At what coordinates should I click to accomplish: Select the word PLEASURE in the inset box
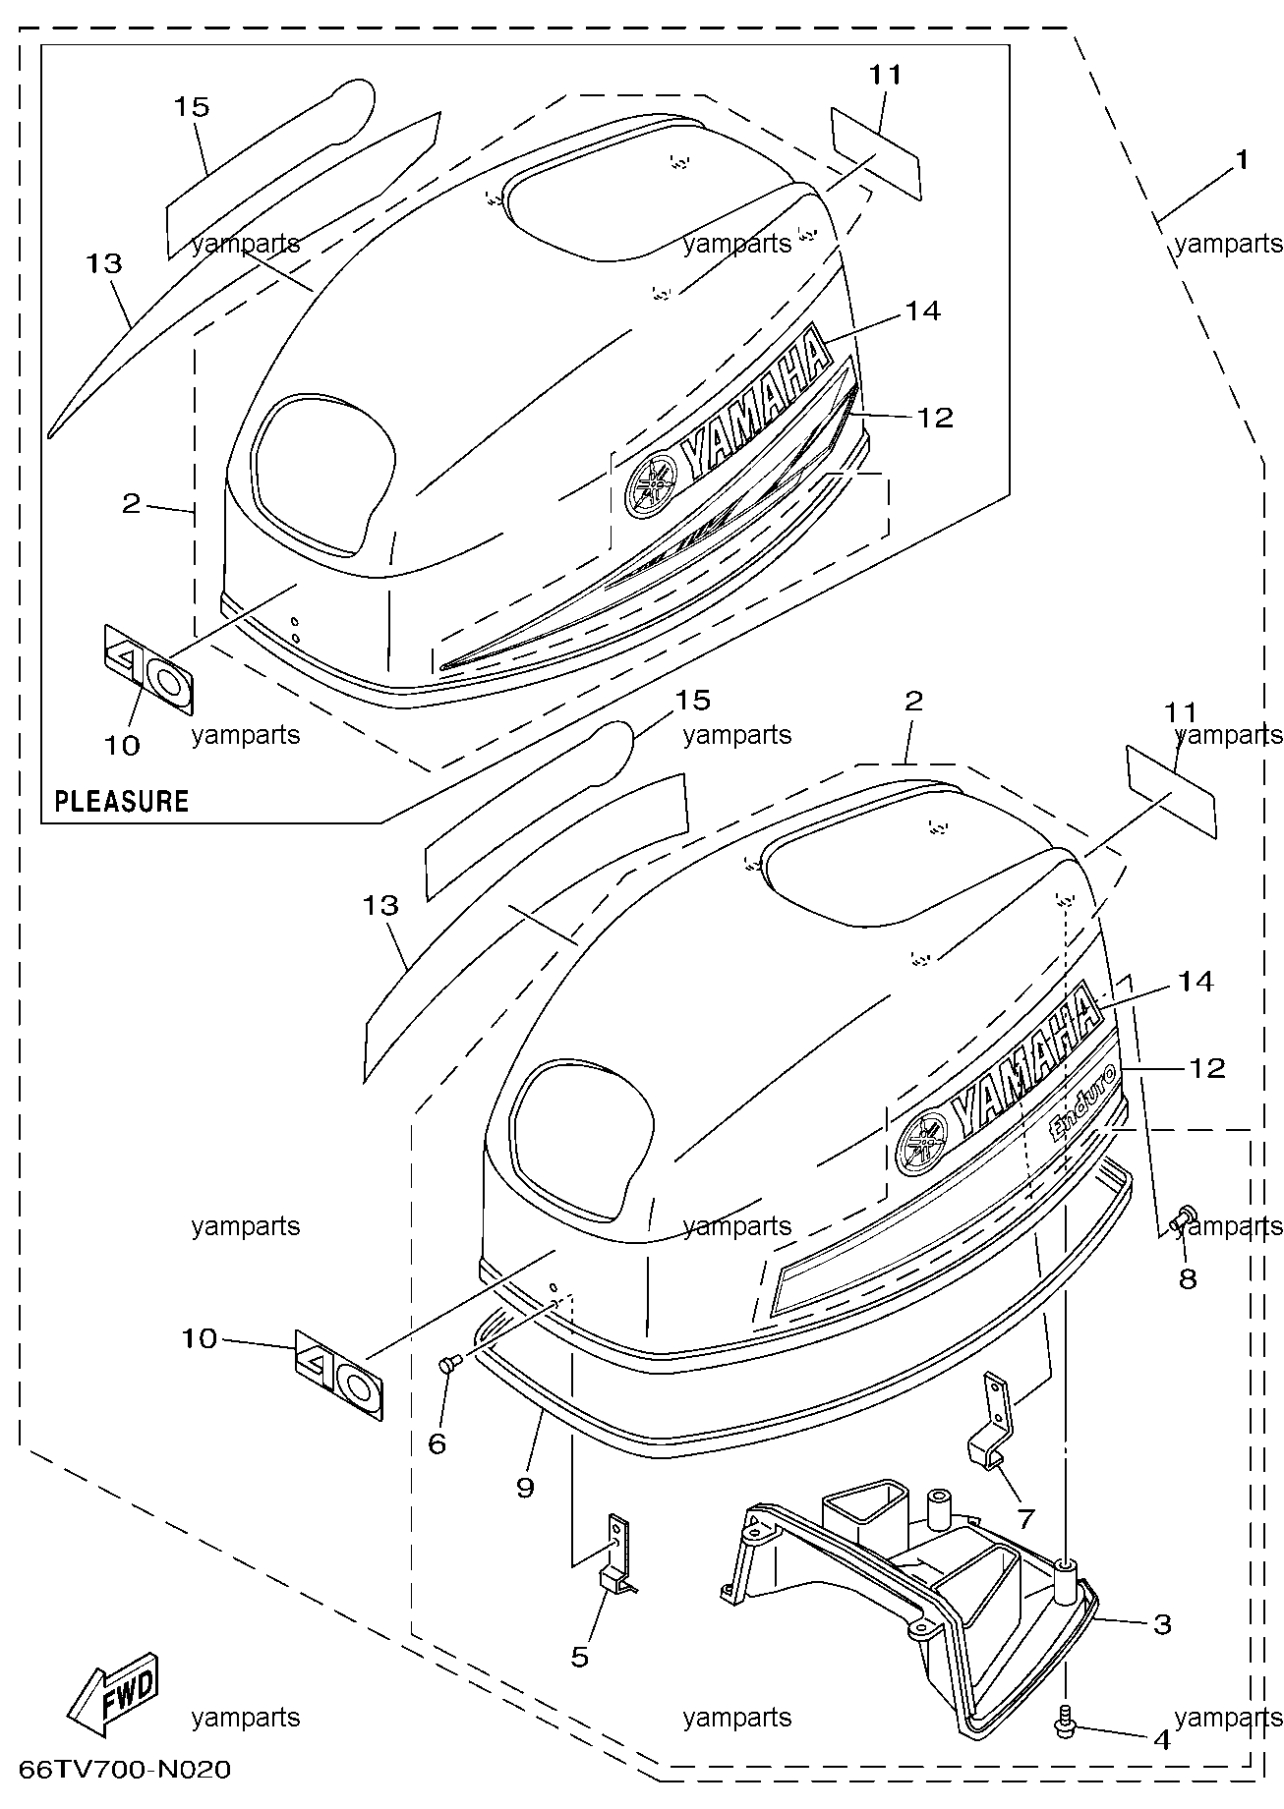point(121,801)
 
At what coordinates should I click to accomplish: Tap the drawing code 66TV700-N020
point(126,1770)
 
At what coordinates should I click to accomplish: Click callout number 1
point(1243,159)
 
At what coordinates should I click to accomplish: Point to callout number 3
point(1163,1624)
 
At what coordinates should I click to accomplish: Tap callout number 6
point(438,1442)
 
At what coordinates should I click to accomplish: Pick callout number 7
point(1025,1519)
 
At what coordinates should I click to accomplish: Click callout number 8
point(1188,1278)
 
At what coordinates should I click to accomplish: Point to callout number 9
point(525,1488)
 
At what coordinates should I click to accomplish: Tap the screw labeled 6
point(450,1364)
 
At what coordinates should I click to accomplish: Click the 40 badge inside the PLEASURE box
point(149,668)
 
